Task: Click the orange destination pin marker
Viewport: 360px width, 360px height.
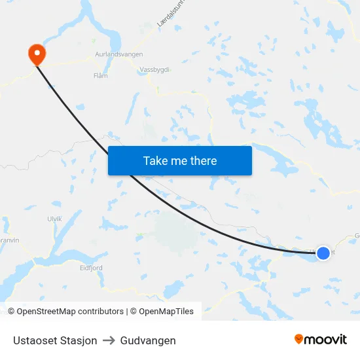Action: [x=37, y=53]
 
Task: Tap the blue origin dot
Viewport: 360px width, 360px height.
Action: [x=323, y=253]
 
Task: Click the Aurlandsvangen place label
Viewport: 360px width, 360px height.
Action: [x=118, y=55]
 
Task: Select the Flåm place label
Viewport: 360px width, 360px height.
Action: [x=101, y=76]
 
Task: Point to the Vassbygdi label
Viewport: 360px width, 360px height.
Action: [x=154, y=70]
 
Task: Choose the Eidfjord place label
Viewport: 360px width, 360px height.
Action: [x=91, y=268]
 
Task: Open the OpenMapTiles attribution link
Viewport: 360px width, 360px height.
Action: [x=166, y=312]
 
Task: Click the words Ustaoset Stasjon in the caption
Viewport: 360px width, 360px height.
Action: [x=55, y=340]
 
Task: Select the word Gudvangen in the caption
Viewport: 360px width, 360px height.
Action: [x=148, y=340]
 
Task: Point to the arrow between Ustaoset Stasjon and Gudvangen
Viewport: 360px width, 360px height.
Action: [x=109, y=340]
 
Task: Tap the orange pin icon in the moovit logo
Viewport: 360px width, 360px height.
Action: [x=299, y=339]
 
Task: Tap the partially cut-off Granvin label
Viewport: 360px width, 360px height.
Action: [x=10, y=240]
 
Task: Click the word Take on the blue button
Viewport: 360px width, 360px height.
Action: [x=156, y=161]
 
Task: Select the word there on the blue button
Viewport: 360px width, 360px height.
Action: [x=202, y=161]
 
